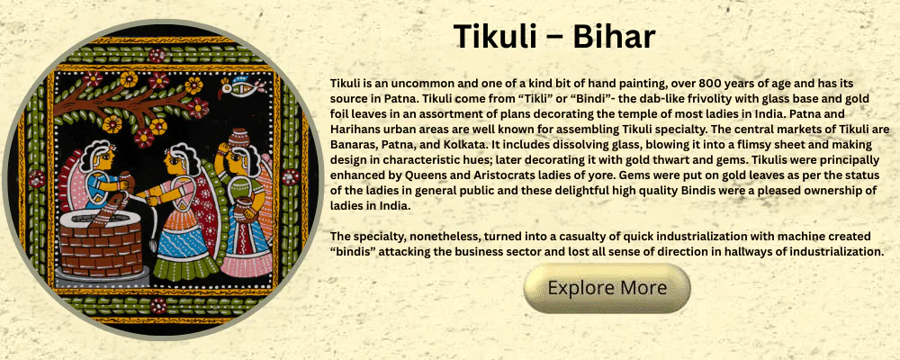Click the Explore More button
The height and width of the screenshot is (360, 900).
coord(607,288)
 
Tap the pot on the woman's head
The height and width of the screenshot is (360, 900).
coord(237,139)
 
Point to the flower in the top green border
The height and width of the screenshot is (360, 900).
coord(157,56)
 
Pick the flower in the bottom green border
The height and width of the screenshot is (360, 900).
coord(158,305)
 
